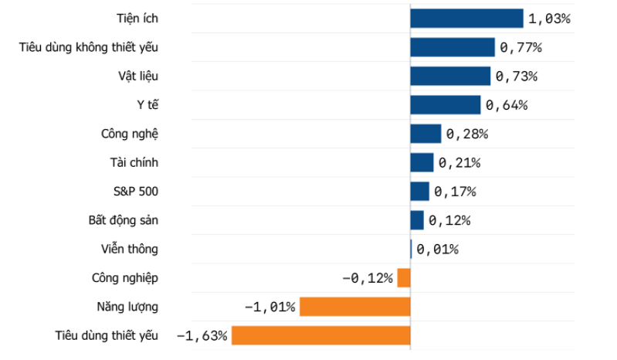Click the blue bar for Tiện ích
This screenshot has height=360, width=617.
click(466, 19)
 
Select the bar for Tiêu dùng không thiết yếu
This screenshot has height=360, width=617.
click(453, 47)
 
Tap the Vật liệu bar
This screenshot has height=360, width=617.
click(450, 76)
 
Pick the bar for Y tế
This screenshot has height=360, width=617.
click(446, 105)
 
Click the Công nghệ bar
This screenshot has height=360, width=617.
click(425, 134)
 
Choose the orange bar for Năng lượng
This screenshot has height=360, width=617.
click(355, 307)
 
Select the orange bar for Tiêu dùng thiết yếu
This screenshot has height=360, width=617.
click(321, 335)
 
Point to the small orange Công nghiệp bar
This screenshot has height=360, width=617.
click(404, 278)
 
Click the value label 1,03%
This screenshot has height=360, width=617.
click(549, 19)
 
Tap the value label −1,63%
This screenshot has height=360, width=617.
click(202, 336)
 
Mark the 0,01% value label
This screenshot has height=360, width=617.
click(438, 250)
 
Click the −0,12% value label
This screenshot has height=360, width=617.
click(368, 279)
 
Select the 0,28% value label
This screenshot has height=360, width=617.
click(467, 134)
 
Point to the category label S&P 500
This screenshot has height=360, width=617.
click(136, 192)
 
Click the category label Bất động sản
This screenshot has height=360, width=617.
click(123, 220)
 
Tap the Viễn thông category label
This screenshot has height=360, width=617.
click(130, 249)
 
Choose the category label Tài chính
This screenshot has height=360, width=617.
click(134, 162)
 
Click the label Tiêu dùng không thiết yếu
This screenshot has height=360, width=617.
click(89, 47)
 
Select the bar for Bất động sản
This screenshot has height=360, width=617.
click(417, 220)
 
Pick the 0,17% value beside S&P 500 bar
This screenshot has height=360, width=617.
click(456, 192)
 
